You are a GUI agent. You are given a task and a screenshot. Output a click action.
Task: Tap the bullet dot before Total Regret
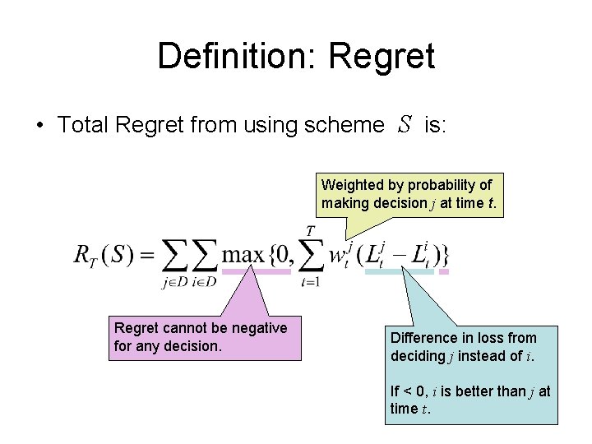pos(39,126)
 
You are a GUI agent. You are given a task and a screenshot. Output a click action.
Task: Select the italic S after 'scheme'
pos(404,124)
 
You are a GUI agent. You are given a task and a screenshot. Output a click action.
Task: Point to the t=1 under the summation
pos(310,282)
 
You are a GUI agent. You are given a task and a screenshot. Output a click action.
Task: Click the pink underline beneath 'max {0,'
pos(257,271)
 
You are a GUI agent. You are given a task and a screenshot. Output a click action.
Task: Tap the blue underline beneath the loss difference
pos(399,271)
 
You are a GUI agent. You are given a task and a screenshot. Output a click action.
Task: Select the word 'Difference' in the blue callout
pos(423,338)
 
